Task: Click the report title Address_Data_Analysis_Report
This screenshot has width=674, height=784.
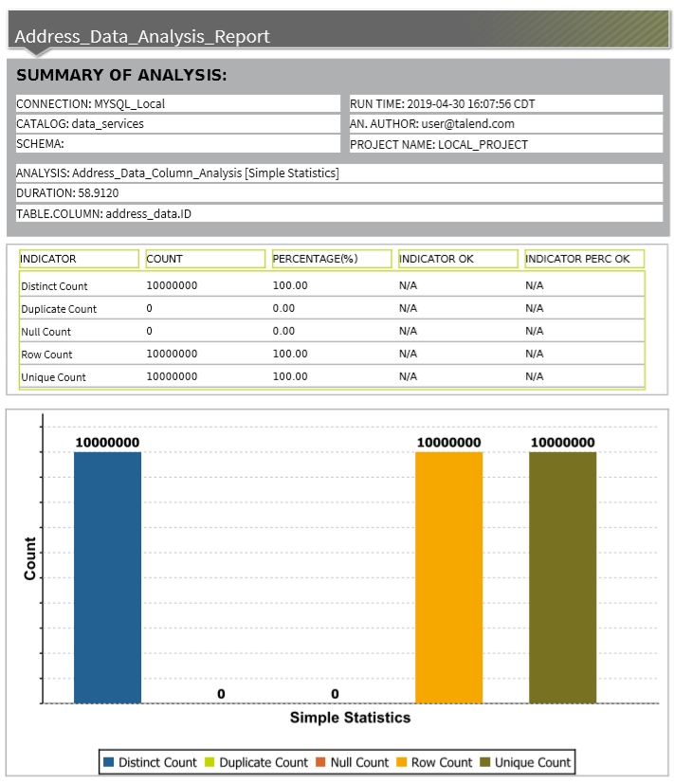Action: [142, 37]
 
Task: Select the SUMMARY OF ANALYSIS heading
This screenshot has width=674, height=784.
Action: [120, 76]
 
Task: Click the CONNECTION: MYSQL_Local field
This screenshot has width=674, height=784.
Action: [91, 104]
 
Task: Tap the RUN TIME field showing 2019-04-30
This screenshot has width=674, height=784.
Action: [448, 104]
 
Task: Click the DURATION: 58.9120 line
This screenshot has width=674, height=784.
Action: [67, 193]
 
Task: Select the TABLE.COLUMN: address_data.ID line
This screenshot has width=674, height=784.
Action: [103, 214]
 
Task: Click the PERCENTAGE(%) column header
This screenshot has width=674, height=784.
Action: [309, 259]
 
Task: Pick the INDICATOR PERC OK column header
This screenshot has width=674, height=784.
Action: [577, 259]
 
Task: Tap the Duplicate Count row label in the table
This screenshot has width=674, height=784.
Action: [59, 309]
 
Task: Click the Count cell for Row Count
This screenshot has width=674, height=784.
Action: [172, 354]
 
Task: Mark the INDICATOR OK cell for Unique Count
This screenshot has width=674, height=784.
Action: [408, 376]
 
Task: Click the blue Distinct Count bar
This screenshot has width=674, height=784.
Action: [107, 578]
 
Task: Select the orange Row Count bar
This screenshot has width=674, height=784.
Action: [448, 578]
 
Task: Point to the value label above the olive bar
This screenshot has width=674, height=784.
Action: [562, 443]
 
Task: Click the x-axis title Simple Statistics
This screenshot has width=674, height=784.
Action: [350, 718]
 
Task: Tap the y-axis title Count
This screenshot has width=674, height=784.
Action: [30, 559]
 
